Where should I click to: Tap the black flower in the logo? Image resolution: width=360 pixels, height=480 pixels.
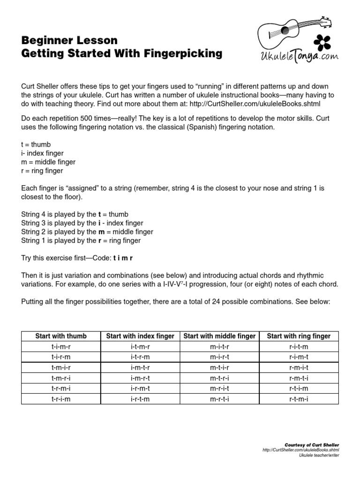click(x=322, y=43)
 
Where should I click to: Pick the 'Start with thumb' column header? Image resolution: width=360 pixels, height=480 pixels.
click(x=61, y=336)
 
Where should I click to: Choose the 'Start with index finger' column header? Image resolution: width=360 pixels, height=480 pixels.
click(x=140, y=336)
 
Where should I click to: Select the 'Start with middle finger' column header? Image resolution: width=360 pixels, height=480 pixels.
click(x=219, y=336)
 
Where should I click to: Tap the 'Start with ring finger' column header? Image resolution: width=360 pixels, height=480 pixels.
click(x=299, y=336)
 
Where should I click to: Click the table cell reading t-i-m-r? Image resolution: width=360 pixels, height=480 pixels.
click(x=61, y=347)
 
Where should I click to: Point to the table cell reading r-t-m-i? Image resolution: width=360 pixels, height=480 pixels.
click(x=299, y=399)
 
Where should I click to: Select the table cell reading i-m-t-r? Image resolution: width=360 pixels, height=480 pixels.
click(x=140, y=367)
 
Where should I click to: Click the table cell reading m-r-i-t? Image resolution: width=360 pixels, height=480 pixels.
click(x=219, y=389)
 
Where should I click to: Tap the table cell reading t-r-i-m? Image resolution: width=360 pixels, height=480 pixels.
click(x=61, y=399)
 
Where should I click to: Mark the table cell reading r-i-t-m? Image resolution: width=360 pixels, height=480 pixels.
click(x=299, y=347)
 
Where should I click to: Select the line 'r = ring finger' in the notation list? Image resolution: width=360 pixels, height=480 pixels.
click(x=42, y=171)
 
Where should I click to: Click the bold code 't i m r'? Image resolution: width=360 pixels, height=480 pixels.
click(x=126, y=258)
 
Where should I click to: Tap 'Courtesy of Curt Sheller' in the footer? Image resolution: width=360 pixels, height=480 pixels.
click(x=312, y=444)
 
